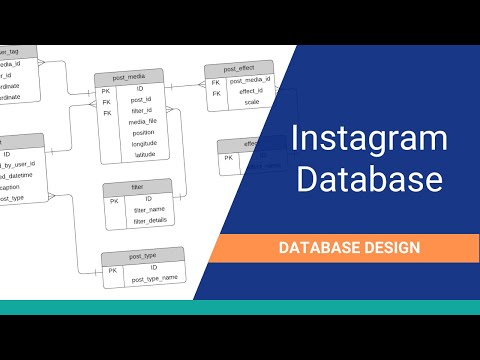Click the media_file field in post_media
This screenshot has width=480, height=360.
click(x=143, y=122)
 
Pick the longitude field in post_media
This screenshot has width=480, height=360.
click(x=144, y=143)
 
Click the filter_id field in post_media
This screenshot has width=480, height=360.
click(x=141, y=111)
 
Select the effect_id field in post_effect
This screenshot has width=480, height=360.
click(x=251, y=91)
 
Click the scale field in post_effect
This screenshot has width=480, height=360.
click(x=251, y=102)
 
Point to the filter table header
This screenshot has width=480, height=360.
click(x=137, y=187)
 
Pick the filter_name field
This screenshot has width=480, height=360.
click(x=147, y=210)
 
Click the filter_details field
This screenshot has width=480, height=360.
click(x=148, y=220)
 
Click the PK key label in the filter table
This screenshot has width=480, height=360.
click(x=114, y=200)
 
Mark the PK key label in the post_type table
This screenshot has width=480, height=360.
click(x=112, y=270)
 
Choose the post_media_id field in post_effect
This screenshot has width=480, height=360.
click(x=251, y=80)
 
